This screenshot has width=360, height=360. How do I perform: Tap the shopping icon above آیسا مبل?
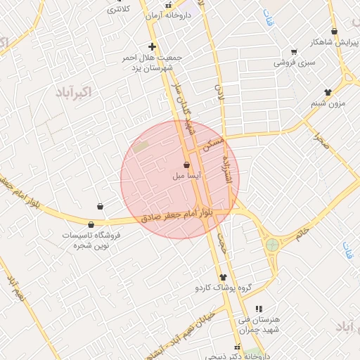point(186,165)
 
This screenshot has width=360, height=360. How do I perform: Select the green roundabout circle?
point(272,245)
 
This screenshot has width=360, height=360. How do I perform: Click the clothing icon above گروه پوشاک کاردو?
point(223,277)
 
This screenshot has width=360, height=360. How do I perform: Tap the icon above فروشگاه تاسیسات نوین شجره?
point(91,224)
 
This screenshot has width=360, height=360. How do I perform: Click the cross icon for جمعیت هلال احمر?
point(152,46)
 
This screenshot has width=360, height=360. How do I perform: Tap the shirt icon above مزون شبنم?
point(328,92)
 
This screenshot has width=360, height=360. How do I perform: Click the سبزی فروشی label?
point(294,63)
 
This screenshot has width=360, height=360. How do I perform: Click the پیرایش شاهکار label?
point(334,41)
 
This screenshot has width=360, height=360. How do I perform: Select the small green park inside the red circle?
point(141,147)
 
